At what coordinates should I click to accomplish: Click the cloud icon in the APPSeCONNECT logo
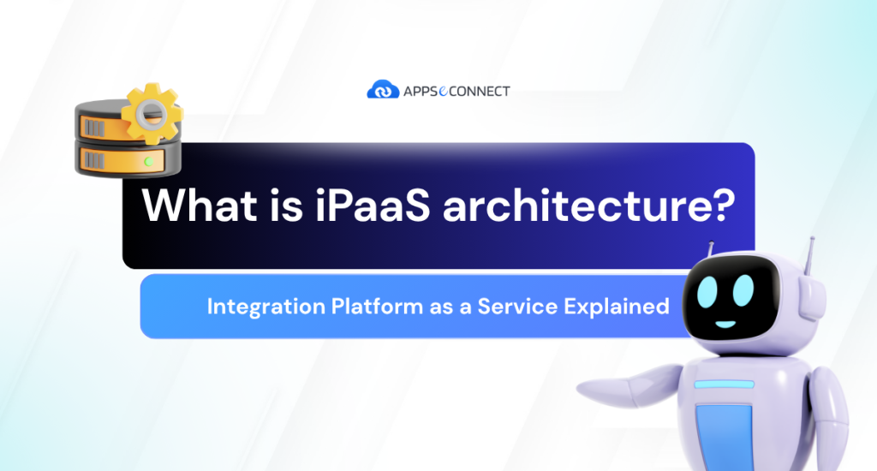click(382, 89)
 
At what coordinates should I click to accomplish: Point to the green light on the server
click(150, 160)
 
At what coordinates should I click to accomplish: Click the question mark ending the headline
click(722, 208)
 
